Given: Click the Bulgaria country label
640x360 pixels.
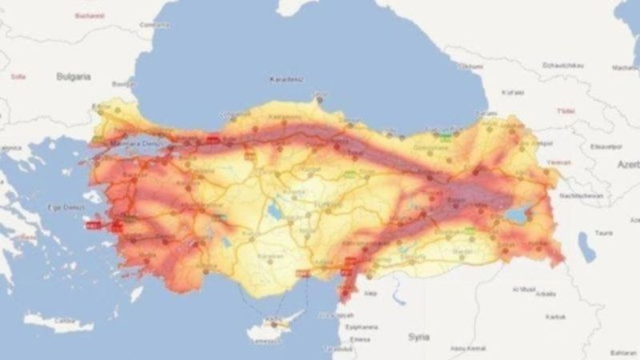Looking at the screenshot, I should [x=73, y=76].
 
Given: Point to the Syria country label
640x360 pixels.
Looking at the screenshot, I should [x=419, y=336].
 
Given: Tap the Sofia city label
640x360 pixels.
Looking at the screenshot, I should [x=18, y=76].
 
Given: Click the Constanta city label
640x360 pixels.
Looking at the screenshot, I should [x=154, y=24].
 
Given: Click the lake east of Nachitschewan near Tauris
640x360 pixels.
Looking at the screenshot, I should [x=589, y=249].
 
